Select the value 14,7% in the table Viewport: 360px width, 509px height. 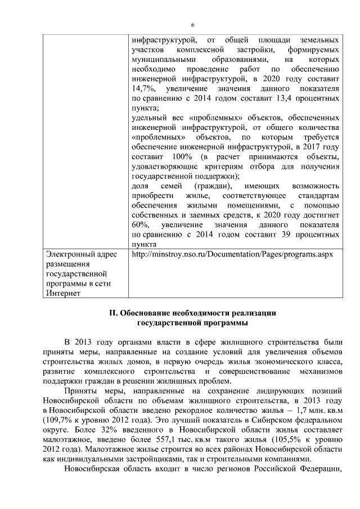click(141, 89)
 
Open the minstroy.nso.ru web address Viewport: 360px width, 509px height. click(232, 254)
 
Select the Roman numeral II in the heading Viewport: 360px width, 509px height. click(112, 313)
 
